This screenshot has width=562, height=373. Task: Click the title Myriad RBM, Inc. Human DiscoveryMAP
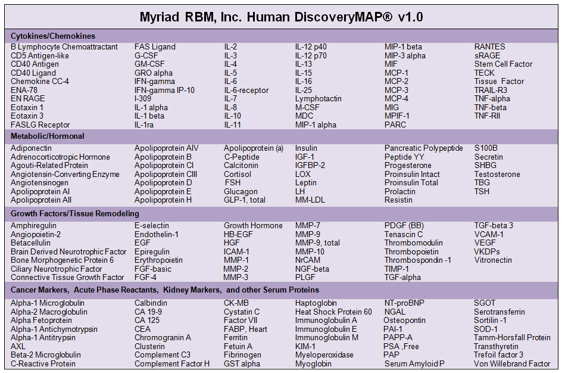[x=281, y=16]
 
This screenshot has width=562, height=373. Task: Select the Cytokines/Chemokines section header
[x=53, y=36]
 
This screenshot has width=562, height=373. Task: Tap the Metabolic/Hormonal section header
[x=48, y=136]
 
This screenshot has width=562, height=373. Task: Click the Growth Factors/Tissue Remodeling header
[x=75, y=213]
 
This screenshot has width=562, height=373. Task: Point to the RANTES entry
[x=489, y=46]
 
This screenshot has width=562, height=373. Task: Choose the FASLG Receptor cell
[x=40, y=125]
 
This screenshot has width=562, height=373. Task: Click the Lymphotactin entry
[x=319, y=98]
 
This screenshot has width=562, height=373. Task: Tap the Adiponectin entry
[x=31, y=148]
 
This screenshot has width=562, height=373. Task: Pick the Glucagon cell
[x=241, y=191]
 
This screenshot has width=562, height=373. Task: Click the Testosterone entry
[x=497, y=174]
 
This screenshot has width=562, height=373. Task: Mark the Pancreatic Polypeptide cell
[x=423, y=148]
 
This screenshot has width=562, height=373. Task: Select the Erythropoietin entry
[x=158, y=260]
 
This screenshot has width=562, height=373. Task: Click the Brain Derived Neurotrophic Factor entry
[x=68, y=251]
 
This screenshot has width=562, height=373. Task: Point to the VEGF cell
[x=485, y=243]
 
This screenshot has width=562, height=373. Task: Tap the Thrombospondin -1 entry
[x=417, y=260]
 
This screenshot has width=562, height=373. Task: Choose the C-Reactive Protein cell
[x=43, y=363]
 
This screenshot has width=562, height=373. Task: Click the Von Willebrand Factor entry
[x=512, y=363]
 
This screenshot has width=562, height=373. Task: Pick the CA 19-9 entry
[x=148, y=312]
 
